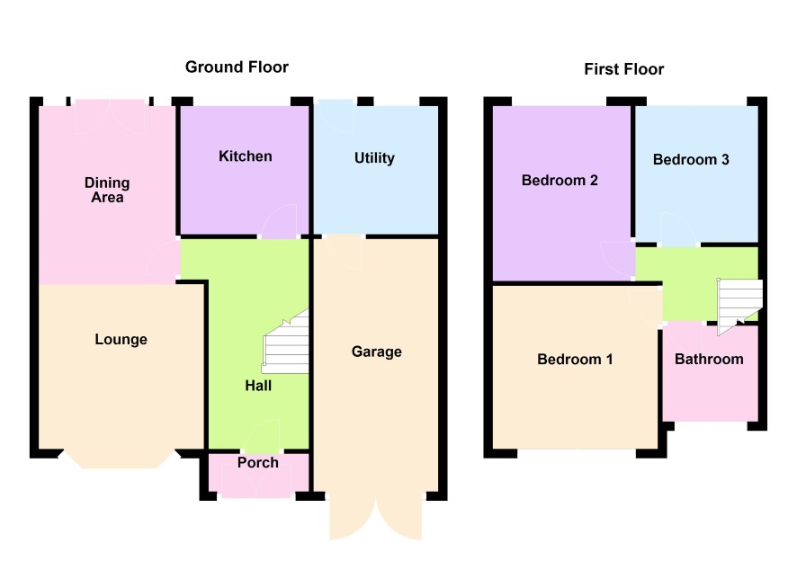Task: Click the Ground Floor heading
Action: tap(237, 67)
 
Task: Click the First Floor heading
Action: tap(623, 69)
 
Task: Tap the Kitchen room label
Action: tap(245, 156)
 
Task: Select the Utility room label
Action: tap(374, 158)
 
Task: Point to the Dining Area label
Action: tap(107, 190)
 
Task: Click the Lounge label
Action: tap(121, 339)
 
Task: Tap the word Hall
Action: tap(258, 386)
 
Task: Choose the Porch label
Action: tap(257, 463)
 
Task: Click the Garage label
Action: tap(377, 352)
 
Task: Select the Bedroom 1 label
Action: tap(575, 360)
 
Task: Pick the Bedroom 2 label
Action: tap(560, 181)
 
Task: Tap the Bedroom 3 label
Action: tap(691, 160)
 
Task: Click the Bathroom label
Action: tap(709, 360)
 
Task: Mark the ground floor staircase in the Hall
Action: tap(287, 343)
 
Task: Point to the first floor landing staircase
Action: tap(739, 306)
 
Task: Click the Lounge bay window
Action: tap(120, 459)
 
